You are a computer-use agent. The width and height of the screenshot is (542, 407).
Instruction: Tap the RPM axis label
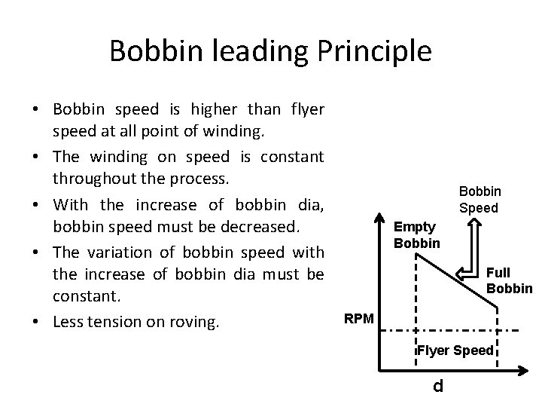point(358,317)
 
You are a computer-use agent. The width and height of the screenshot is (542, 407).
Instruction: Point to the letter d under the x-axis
point(438,387)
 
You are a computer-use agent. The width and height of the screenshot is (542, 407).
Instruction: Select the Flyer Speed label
point(456,350)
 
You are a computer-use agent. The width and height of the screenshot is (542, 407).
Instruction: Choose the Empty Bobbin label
point(416,235)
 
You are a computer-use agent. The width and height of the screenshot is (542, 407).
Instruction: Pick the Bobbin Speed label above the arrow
point(480,200)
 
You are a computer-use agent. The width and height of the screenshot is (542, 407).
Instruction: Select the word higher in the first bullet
point(224,110)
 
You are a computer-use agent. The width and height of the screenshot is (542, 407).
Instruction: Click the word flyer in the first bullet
point(306,110)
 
